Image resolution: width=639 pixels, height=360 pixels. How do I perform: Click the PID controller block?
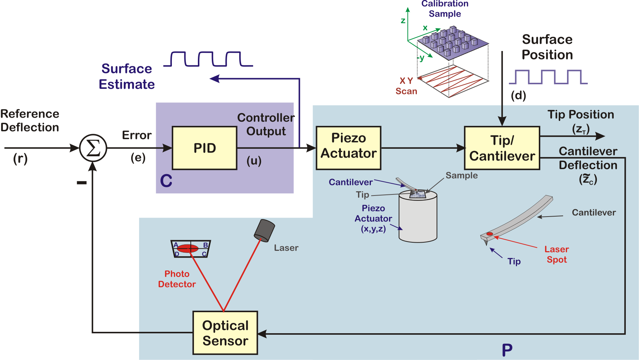[x=204, y=148]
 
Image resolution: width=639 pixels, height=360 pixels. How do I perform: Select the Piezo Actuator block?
[x=348, y=148]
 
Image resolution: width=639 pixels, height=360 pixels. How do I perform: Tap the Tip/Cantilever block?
[x=502, y=148]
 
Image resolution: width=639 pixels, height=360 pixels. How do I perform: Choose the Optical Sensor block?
[x=225, y=333]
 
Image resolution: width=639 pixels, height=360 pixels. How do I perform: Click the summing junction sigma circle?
[x=93, y=148]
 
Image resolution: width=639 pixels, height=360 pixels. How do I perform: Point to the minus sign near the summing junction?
[x=82, y=183]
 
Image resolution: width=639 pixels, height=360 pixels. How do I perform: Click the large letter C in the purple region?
[x=166, y=181]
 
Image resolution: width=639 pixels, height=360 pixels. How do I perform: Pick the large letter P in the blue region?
[x=507, y=350]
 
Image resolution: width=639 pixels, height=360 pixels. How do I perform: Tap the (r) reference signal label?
[x=20, y=158]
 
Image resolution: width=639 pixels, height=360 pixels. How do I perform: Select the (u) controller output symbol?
[x=254, y=161]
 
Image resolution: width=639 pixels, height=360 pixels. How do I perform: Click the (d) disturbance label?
[x=518, y=96]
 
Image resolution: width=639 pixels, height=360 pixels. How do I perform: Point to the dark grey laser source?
[x=264, y=230]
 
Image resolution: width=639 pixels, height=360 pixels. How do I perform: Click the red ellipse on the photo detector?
[x=188, y=248]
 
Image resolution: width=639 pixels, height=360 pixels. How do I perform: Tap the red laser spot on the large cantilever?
[x=490, y=234]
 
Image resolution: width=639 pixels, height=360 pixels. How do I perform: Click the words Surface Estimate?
[x=127, y=76]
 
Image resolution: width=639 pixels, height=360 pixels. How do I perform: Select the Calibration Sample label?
[x=445, y=9]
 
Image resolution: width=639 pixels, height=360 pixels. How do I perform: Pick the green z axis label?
[x=403, y=20]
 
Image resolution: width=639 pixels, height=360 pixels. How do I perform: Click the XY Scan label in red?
[x=406, y=86]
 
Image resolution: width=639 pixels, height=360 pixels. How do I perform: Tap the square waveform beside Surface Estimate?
[x=208, y=59]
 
